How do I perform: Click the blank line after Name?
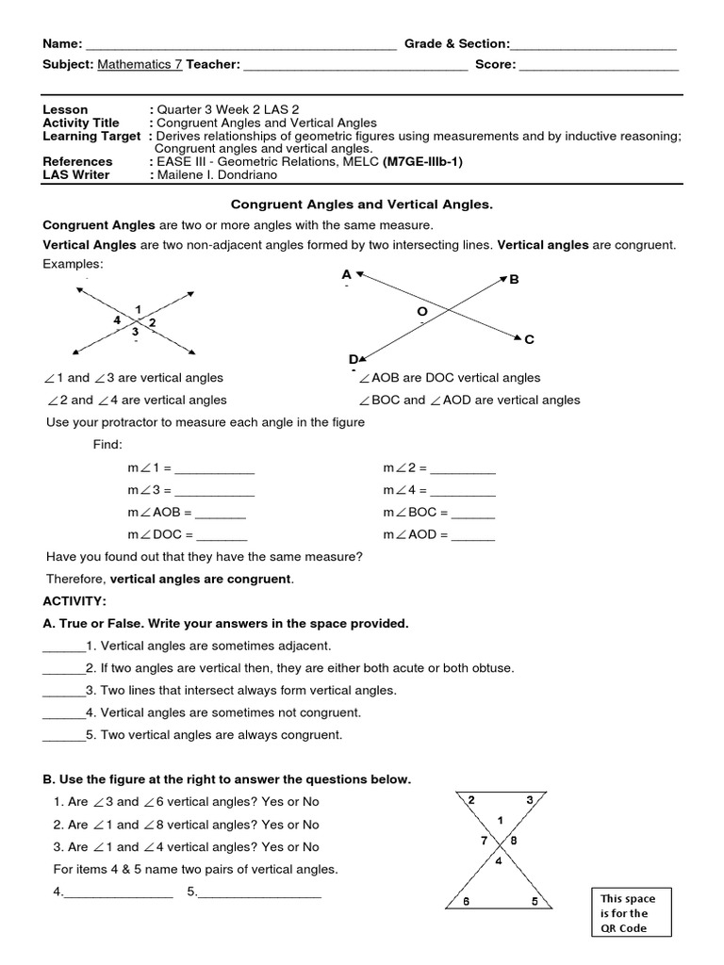[240, 45]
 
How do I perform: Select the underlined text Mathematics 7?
[140, 65]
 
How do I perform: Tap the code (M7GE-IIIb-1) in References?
[422, 161]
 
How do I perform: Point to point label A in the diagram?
[347, 274]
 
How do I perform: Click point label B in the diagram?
[514, 280]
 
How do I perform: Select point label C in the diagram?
[529, 339]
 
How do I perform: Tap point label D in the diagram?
[353, 359]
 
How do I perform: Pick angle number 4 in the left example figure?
[118, 320]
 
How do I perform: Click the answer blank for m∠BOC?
[472, 513]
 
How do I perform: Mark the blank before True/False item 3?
[64, 691]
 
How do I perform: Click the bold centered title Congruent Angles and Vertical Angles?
[362, 204]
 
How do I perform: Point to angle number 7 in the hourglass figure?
[485, 840]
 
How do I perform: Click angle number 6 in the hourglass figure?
[466, 901]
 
